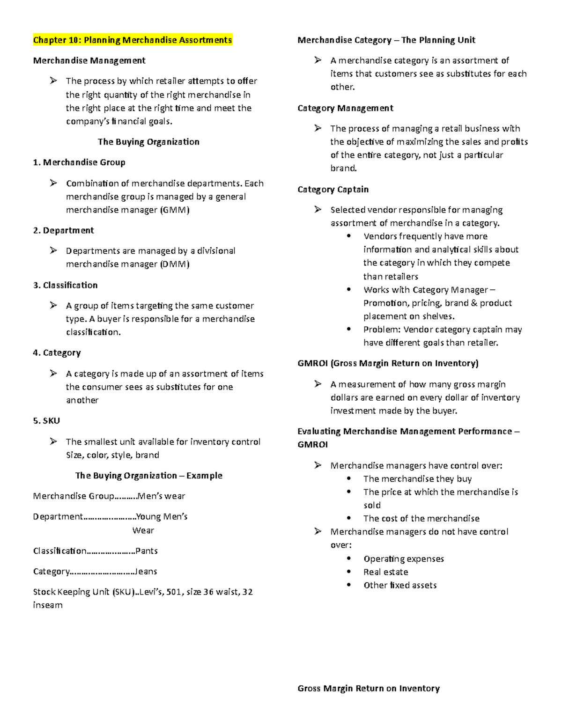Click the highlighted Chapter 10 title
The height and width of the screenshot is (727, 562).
pyautogui.click(x=132, y=40)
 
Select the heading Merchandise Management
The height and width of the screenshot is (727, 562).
pyautogui.click(x=89, y=60)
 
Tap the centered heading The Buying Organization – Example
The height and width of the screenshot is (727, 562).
pyautogui.click(x=148, y=476)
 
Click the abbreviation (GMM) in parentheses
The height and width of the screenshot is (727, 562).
pyautogui.click(x=174, y=210)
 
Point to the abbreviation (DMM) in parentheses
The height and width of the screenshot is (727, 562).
pyautogui.click(x=174, y=264)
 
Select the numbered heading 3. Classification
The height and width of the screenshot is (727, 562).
pyautogui.click(x=65, y=285)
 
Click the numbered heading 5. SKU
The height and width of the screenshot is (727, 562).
pyautogui.click(x=46, y=421)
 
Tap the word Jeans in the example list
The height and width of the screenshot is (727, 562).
pyautogui.click(x=146, y=572)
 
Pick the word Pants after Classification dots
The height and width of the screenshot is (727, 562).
pyautogui.click(x=146, y=551)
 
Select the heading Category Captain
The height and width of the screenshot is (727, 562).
pyautogui.click(x=333, y=190)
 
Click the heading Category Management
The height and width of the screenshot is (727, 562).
pyautogui.click(x=345, y=108)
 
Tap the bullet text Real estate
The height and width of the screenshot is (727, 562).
pyautogui.click(x=385, y=572)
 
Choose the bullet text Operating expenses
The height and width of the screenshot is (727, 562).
pyautogui.click(x=403, y=559)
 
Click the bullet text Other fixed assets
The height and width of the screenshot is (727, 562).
pyautogui.click(x=399, y=585)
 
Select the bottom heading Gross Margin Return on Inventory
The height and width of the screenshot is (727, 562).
pyautogui.click(x=368, y=688)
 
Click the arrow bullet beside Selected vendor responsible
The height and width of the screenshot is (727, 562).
pyautogui.click(x=318, y=210)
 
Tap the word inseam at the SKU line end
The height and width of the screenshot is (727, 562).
pyautogui.click(x=47, y=605)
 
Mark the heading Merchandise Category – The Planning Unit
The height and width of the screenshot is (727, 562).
pyautogui.click(x=386, y=40)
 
